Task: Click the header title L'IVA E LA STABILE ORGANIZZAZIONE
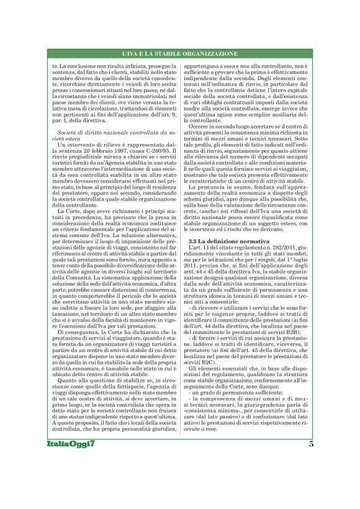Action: (x=180, y=54)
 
